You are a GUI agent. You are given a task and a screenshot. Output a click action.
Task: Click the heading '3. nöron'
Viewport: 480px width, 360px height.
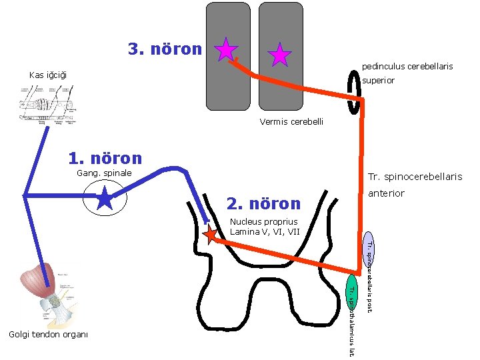165,49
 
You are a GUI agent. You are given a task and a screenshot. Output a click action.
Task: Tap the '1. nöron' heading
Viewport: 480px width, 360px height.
105,158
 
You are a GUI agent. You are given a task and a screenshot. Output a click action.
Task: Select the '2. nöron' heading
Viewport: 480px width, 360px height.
263,203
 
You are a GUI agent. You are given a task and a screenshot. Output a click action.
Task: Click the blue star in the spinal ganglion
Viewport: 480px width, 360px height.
105,199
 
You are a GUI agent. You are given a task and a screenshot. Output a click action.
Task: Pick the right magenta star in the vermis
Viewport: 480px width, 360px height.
279,55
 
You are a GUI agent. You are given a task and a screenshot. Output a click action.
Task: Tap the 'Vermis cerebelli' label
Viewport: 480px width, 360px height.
291,121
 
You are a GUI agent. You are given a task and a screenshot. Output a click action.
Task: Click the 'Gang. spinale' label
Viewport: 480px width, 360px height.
105,174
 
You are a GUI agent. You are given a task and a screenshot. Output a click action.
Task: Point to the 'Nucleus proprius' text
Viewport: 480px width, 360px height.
263,221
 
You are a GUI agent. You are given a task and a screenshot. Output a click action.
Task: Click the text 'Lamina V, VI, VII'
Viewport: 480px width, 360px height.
265,231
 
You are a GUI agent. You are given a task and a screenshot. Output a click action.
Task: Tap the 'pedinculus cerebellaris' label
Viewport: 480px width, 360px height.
407,67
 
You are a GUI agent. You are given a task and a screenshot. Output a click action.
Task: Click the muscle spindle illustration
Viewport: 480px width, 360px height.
47,103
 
